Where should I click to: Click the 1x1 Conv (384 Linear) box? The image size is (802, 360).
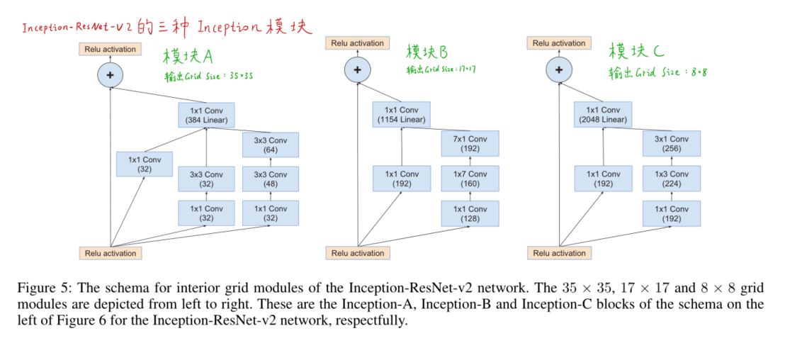coord(206,116)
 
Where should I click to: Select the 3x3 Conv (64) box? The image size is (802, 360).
coord(270,145)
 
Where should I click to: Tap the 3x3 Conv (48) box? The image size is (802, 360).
coord(270,179)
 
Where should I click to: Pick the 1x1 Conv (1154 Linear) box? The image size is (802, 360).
coord(401,115)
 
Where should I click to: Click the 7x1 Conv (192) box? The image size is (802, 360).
coord(470,145)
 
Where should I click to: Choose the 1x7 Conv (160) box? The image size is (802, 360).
coord(470,179)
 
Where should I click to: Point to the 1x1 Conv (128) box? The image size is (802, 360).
coord(470,214)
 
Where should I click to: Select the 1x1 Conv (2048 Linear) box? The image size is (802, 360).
coord(602,115)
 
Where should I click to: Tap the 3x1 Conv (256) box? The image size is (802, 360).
coord(671,145)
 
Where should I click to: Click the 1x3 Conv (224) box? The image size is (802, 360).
coord(671,179)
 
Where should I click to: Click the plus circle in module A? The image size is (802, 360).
coord(110,75)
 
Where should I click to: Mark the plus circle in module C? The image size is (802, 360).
coord(559,69)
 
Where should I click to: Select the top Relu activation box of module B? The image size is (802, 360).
coord(357,43)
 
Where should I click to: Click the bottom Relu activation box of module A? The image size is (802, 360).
coord(110,253)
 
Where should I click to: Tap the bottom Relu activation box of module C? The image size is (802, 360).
coord(559,253)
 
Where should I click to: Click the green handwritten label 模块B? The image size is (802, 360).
coord(428,52)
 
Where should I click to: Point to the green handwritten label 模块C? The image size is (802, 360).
coord(636,52)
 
